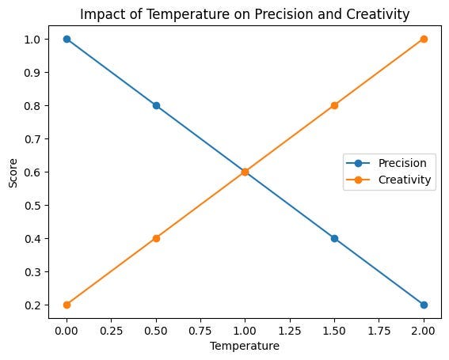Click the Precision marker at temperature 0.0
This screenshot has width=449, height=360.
67,39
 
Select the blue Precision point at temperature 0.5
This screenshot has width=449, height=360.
156,105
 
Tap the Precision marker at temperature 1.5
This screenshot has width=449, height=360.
334,238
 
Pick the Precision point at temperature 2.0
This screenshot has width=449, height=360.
424,305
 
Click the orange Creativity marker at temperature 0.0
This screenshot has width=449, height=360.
67,305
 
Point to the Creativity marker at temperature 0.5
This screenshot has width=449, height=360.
156,238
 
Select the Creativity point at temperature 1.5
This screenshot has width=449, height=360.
334,105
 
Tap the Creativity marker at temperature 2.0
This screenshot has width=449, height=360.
424,39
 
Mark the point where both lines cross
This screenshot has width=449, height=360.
245,172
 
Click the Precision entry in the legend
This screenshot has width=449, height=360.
401,163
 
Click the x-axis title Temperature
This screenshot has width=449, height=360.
245,346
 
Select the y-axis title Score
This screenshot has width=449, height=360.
12,172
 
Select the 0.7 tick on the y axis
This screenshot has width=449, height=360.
34,138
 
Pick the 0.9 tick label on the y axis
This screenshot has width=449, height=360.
34,72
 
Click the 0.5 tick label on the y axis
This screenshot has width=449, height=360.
34,205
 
